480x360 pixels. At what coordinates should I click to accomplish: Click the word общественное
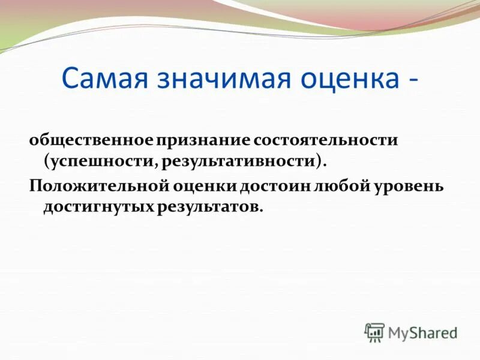92,140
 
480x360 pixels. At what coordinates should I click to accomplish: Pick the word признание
203,140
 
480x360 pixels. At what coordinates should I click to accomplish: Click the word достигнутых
99,207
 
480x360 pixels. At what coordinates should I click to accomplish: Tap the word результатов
211,207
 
